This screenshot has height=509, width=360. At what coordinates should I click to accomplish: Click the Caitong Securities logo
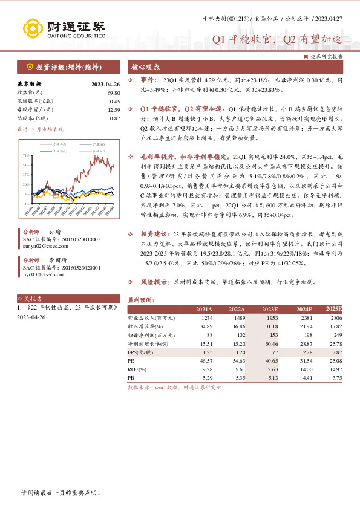[64, 28]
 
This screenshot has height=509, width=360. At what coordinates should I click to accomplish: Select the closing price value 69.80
[114, 92]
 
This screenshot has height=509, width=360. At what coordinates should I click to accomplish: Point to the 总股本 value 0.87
[115, 118]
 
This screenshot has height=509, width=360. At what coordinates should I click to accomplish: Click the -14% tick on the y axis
[26, 204]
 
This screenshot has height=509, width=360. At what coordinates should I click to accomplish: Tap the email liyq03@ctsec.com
[44, 274]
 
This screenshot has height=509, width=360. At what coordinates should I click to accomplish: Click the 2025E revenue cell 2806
[335, 317]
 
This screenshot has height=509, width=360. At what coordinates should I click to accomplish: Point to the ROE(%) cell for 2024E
[304, 368]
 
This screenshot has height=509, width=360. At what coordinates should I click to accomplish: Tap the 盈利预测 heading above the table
[142, 300]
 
